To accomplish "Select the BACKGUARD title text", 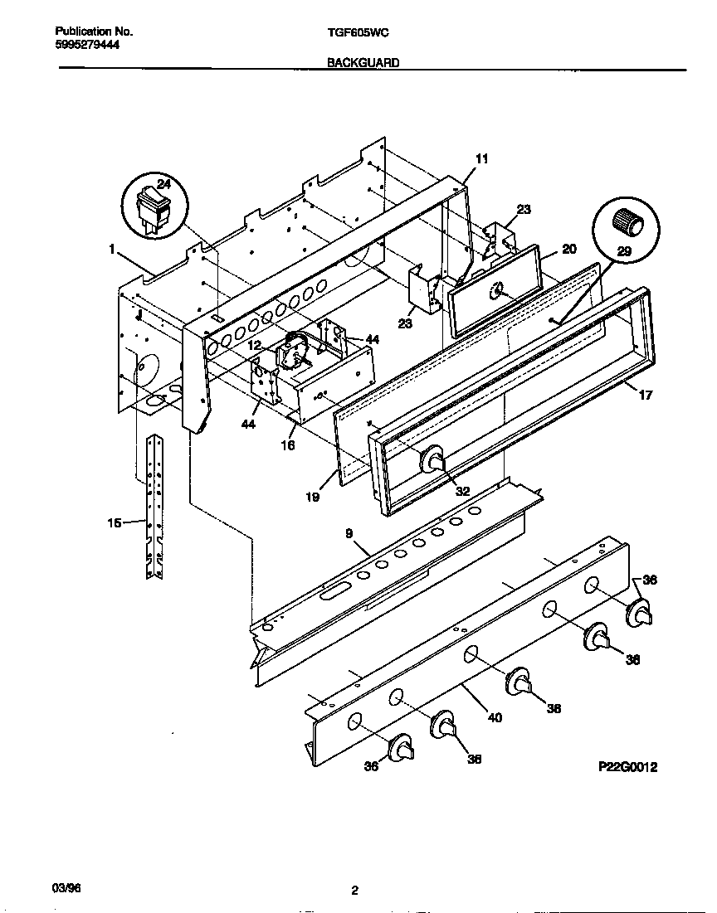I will [x=363, y=62].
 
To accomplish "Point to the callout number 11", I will [x=482, y=158].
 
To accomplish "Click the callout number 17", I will [x=645, y=396].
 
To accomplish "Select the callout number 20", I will [x=568, y=249].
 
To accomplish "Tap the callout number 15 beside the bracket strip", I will [x=115, y=522].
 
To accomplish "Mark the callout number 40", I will [x=495, y=717].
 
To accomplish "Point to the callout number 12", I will [x=254, y=344].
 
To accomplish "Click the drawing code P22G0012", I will [x=627, y=768].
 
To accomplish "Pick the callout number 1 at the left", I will [x=110, y=248].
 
